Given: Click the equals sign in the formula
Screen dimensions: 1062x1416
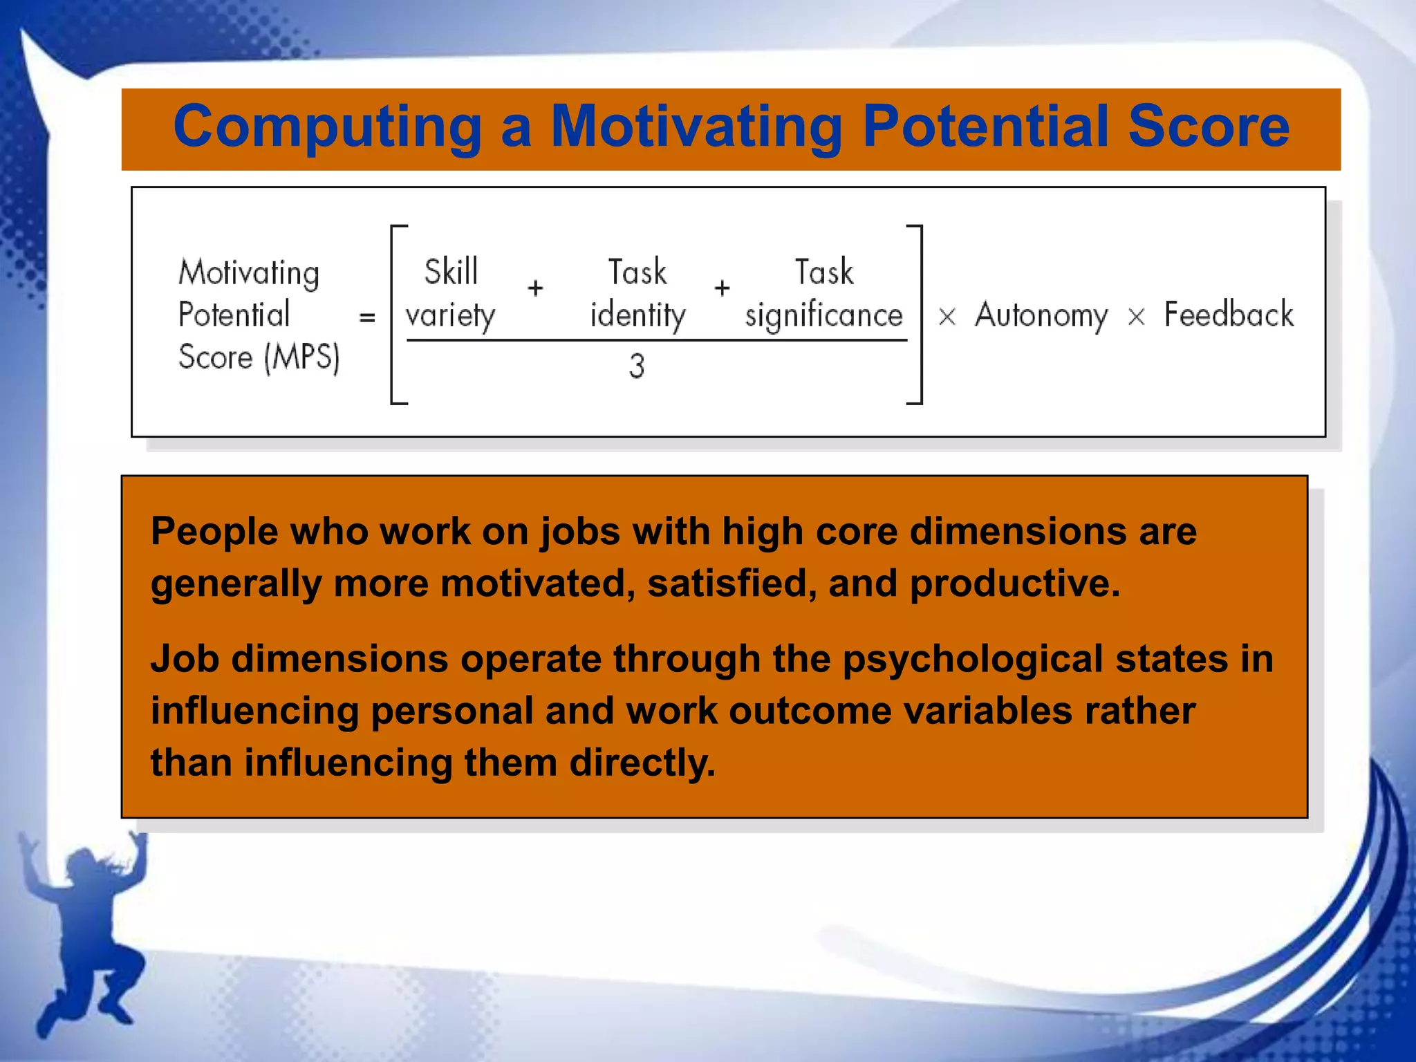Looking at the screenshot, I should [367, 317].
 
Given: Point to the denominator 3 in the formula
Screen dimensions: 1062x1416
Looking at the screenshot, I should [637, 366].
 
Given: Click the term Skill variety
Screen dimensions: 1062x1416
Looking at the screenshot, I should [451, 294].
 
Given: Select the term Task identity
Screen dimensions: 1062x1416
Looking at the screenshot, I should [637, 294].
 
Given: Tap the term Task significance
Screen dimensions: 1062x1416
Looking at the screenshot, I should [824, 294].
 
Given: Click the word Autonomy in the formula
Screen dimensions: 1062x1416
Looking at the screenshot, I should [1041, 316].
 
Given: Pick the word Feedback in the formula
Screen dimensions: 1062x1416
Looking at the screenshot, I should [1229, 315].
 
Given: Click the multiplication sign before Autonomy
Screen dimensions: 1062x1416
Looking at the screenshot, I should [947, 317].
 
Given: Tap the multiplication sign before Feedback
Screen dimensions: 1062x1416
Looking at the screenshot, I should [1136, 317].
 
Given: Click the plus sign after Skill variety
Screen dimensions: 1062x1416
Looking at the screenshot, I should [535, 288].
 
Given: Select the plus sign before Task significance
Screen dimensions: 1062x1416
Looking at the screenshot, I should [723, 288].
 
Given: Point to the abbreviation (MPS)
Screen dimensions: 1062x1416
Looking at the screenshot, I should [302, 358].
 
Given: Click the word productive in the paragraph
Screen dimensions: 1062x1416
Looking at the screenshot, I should [1014, 584].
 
